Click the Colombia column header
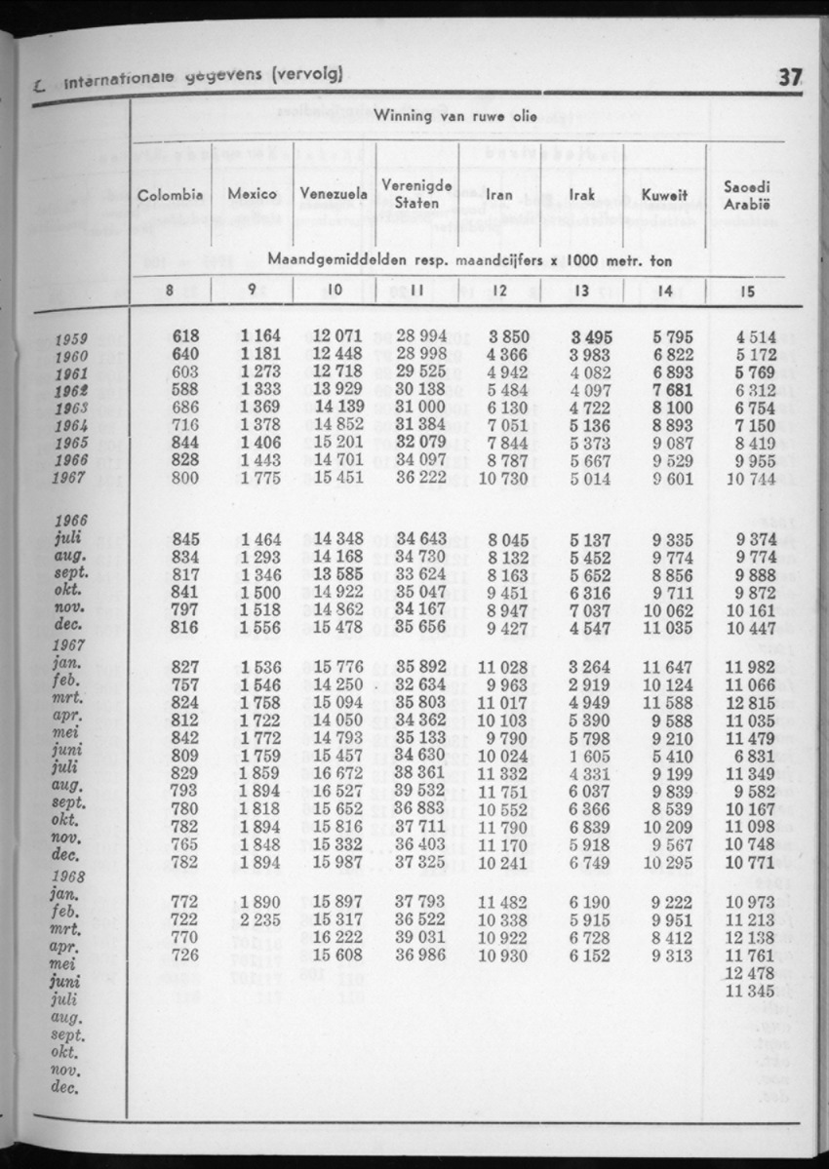click(x=171, y=195)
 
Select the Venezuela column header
click(x=334, y=195)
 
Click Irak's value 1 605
click(x=587, y=754)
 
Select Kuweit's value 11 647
click(x=672, y=666)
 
